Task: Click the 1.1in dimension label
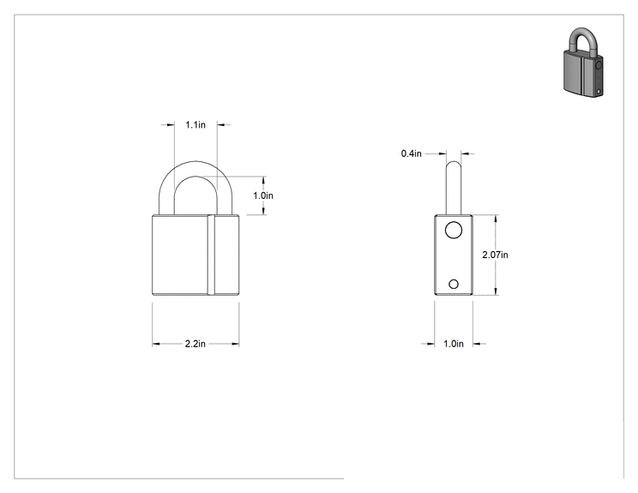click(196, 125)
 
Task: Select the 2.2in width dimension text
click(196, 344)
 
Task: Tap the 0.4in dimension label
click(411, 153)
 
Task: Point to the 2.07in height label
click(495, 255)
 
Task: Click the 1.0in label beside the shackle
click(263, 195)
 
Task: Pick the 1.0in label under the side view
click(454, 344)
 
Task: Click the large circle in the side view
click(454, 231)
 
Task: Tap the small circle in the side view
click(454, 284)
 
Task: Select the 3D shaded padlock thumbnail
click(583, 63)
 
